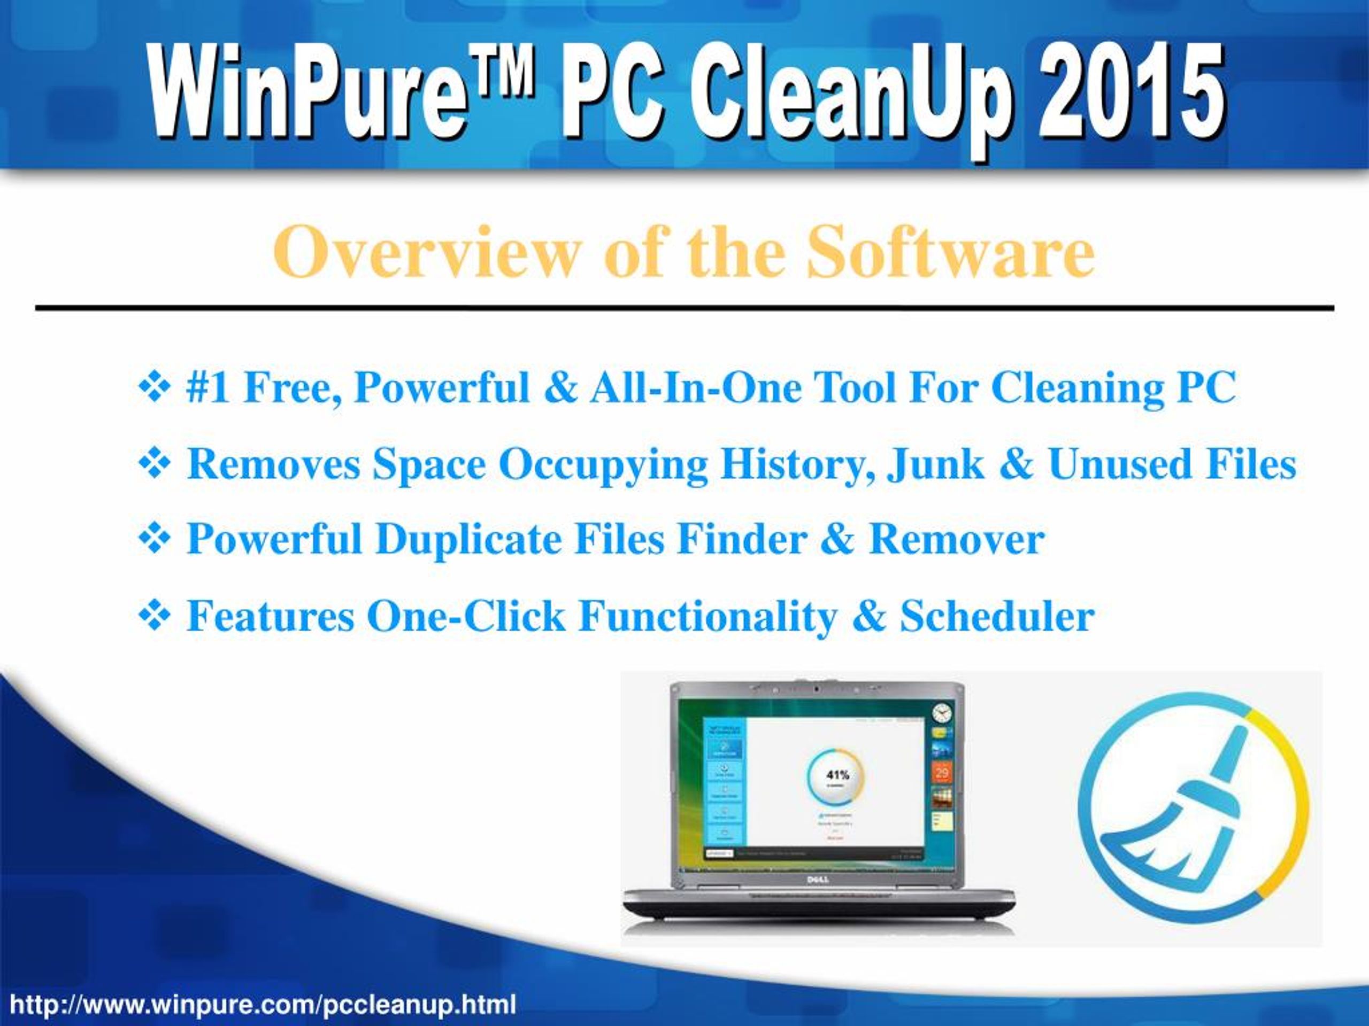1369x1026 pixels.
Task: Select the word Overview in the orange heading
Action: pyautogui.click(x=427, y=252)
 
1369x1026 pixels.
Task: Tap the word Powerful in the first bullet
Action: pyautogui.click(x=442, y=388)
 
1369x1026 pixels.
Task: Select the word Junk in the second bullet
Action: pyautogui.click(x=935, y=464)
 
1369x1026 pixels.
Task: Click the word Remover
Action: pyautogui.click(x=957, y=539)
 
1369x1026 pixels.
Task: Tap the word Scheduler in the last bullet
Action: pyautogui.click(x=997, y=616)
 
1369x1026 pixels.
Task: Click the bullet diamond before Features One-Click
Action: pyautogui.click(x=154, y=616)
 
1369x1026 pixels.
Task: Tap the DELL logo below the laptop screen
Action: pyautogui.click(x=818, y=880)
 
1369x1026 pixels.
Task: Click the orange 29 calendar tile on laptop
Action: pyautogui.click(x=941, y=772)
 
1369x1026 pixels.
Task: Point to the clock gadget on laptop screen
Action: pyautogui.click(x=941, y=712)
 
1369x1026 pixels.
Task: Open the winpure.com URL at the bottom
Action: pyautogui.click(x=263, y=1005)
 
